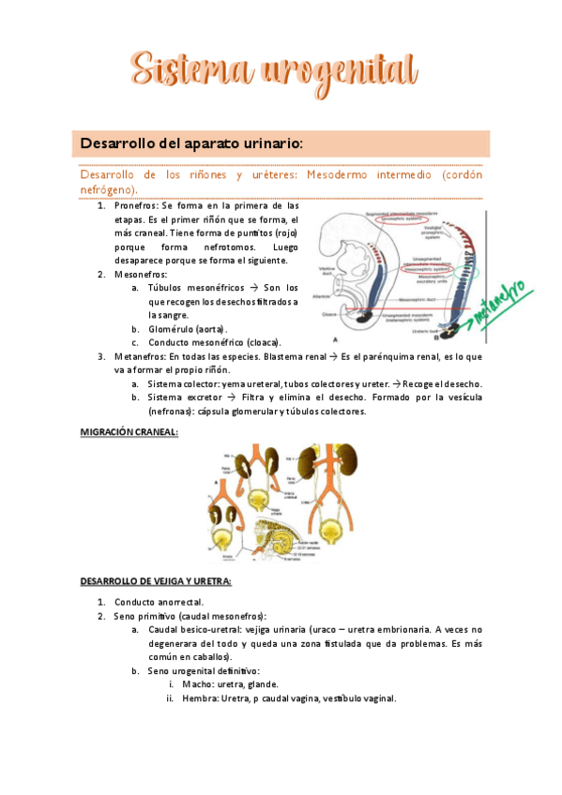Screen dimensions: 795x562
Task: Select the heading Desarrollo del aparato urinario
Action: click(191, 143)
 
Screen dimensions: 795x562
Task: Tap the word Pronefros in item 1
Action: click(136, 205)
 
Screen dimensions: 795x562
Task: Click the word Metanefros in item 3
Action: click(140, 357)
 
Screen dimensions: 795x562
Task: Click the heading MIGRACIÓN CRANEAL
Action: click(129, 431)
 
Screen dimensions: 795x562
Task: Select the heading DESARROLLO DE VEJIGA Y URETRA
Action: click(156, 581)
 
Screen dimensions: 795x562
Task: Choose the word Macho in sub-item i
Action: click(197, 685)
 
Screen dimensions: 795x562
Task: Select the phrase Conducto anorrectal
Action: click(159, 602)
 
